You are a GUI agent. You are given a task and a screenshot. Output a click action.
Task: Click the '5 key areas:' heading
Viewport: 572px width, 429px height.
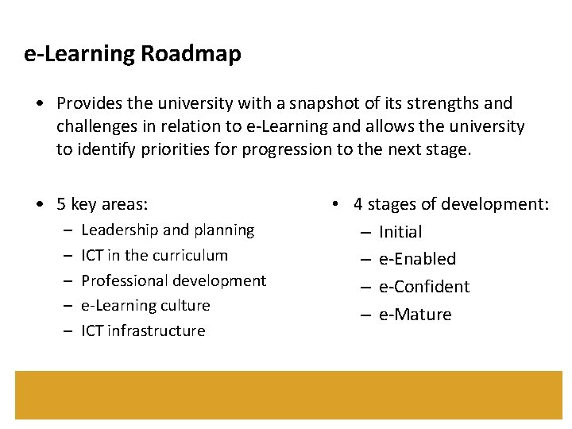[x=102, y=204]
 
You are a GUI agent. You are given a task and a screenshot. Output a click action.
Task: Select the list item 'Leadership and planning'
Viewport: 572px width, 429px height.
[x=168, y=230]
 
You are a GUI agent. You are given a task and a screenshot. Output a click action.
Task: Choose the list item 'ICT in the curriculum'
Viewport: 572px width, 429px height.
[x=154, y=255]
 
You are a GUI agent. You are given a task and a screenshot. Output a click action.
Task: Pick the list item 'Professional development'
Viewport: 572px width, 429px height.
[x=173, y=280]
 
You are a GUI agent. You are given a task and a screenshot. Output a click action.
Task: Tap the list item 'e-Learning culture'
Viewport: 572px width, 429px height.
[x=145, y=306]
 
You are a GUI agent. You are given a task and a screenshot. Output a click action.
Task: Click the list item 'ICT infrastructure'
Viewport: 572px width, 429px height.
[x=143, y=331]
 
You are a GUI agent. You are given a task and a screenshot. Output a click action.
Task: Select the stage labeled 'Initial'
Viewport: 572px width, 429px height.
[x=400, y=232]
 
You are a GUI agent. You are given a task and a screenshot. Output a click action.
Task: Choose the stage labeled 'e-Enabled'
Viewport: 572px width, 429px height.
[x=417, y=259]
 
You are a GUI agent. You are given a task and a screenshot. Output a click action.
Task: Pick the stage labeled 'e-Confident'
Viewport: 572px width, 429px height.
[x=424, y=287]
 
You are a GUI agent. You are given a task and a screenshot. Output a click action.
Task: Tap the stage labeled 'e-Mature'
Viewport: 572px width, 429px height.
[x=415, y=315]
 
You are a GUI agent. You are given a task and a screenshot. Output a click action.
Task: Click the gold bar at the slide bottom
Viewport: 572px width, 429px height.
[x=288, y=395]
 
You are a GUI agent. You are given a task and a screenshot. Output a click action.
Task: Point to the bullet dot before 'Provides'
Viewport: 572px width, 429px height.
[x=39, y=103]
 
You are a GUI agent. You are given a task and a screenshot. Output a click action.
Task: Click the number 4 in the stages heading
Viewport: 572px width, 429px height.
[x=358, y=204]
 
